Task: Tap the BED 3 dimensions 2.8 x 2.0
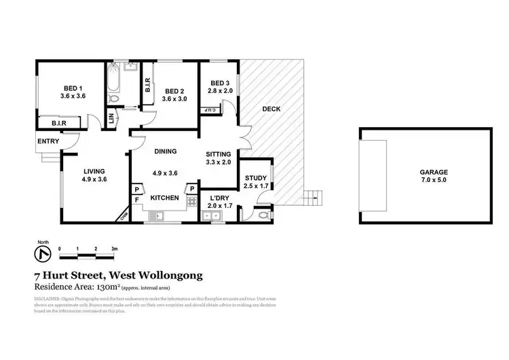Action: [218, 90]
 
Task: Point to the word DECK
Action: [271, 109]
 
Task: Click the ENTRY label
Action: [48, 141]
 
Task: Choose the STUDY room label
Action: [256, 178]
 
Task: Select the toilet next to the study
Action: [264, 215]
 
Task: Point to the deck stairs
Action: [313, 198]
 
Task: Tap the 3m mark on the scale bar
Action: [115, 249]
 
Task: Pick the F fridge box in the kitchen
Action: [136, 200]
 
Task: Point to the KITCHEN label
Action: [165, 198]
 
